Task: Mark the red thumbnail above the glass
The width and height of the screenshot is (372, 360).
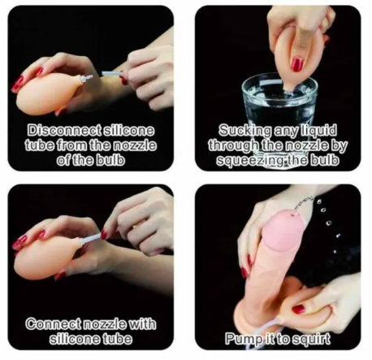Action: (297, 64)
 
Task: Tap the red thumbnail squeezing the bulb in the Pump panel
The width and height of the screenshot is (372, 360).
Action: (299, 309)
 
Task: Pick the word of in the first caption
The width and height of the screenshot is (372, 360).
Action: (63, 160)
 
